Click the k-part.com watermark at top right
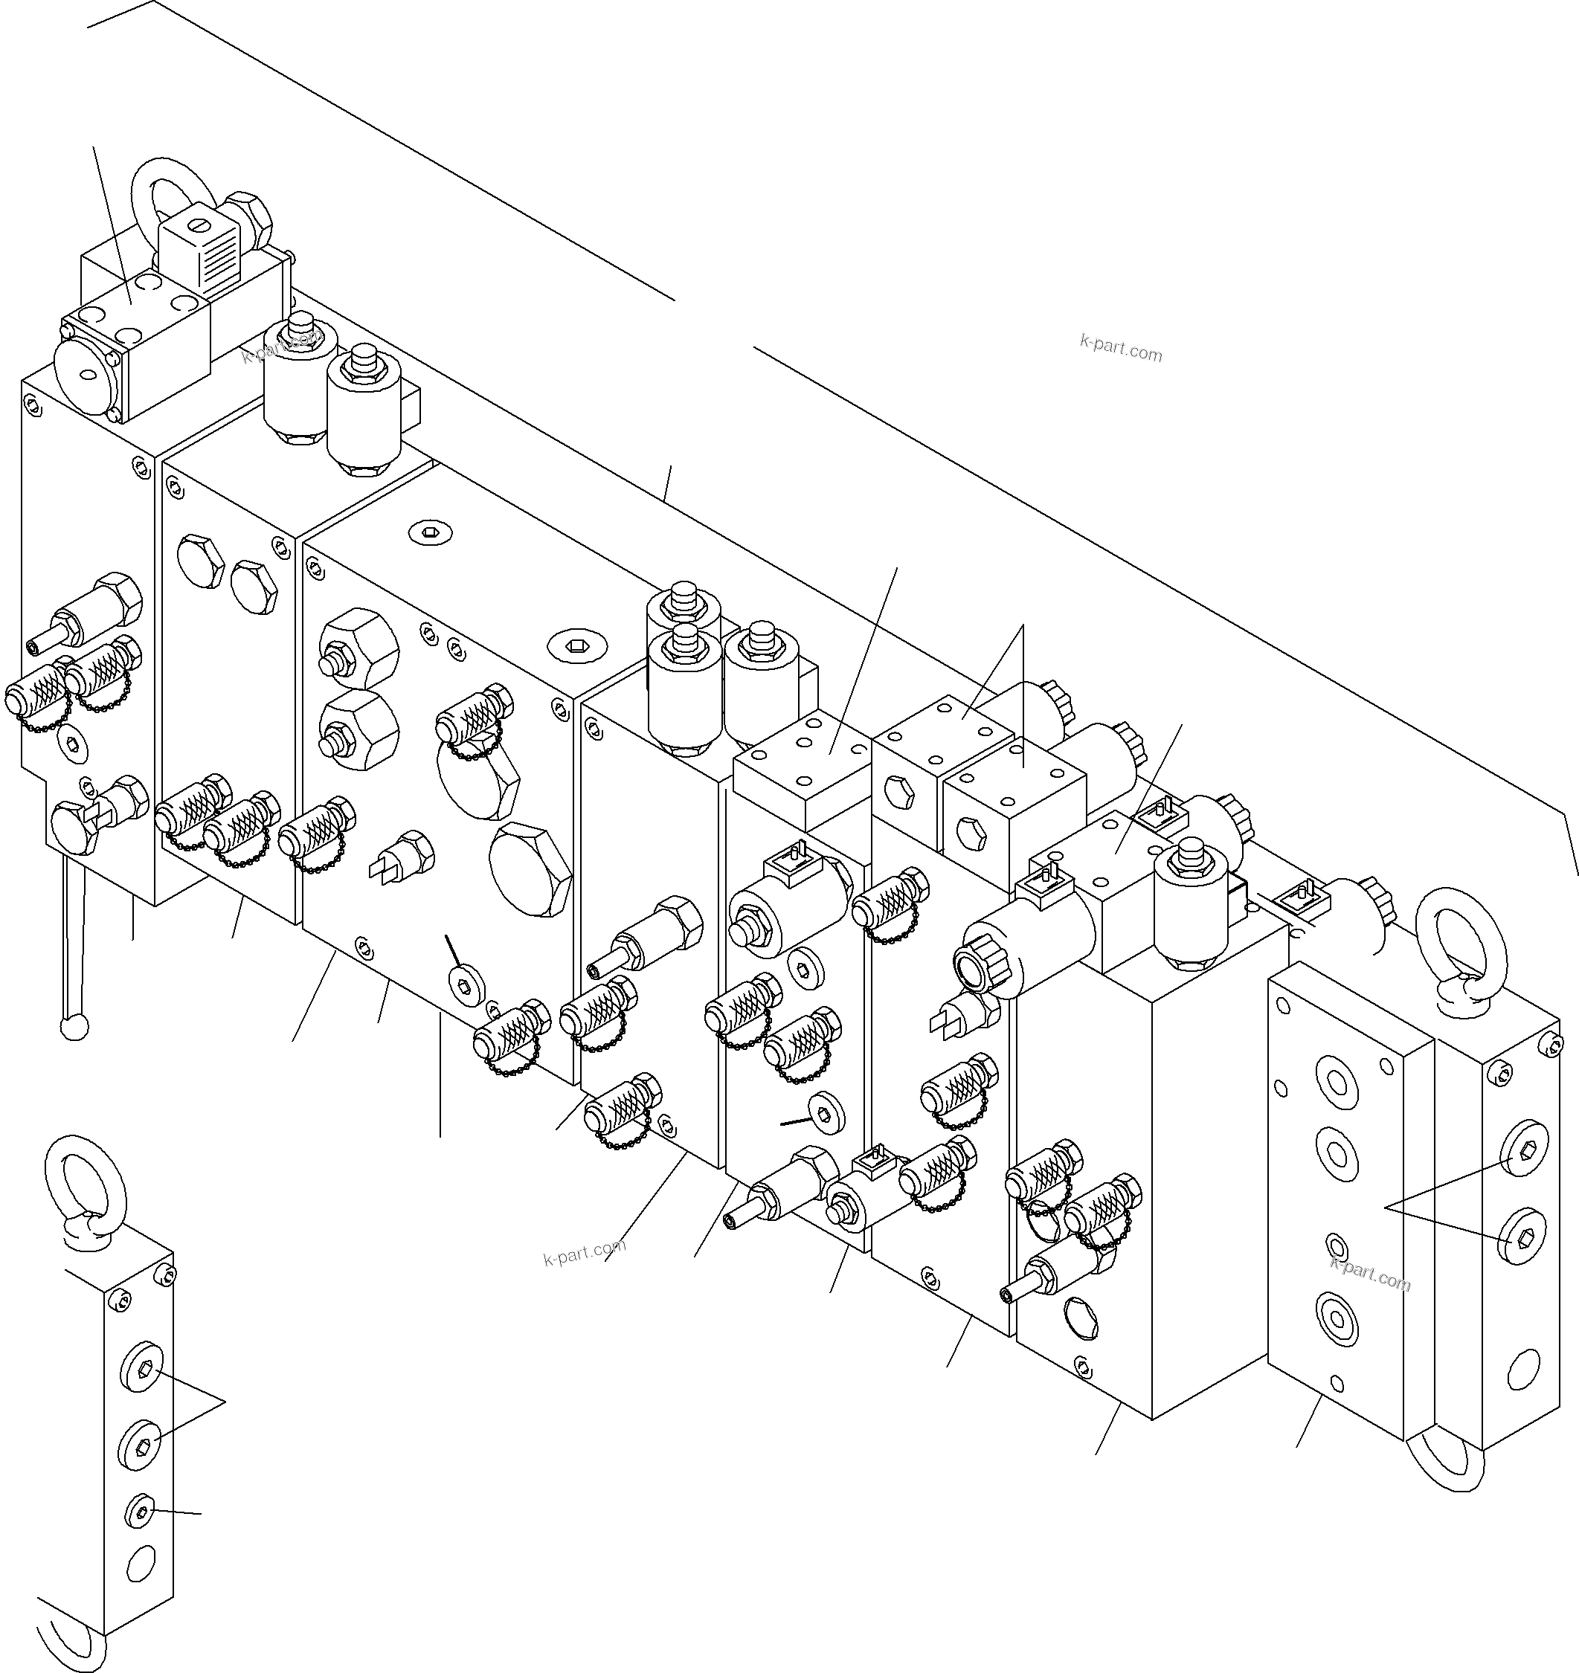1120,346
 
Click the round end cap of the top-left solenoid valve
87,375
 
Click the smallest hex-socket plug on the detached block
140,1515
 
